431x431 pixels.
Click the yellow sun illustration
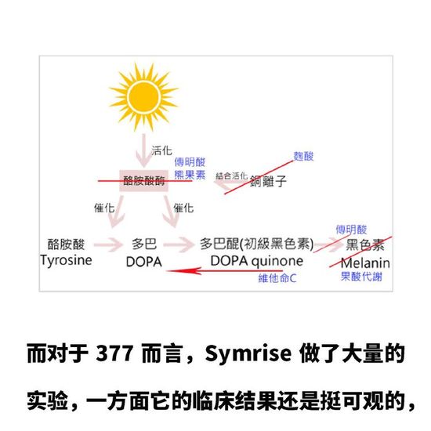pos(143,96)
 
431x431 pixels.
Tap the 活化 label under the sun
pos(161,150)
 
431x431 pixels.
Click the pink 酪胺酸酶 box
pos(143,181)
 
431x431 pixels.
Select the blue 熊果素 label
pos(190,175)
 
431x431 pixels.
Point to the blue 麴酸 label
pos(303,156)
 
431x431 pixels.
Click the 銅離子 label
pos(268,182)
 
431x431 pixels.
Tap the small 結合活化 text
pos(231,176)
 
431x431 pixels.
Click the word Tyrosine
pos(66,261)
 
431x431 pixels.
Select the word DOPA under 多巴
pos(143,262)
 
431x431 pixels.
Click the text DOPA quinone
pos(257,262)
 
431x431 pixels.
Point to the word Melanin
pos(365,263)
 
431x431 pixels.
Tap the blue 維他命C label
pos(277,278)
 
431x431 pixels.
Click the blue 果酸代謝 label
pos(361,277)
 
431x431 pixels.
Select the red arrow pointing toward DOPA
pos(225,271)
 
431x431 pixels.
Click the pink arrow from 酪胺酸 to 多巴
pos(108,244)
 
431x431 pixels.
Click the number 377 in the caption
pos(114,353)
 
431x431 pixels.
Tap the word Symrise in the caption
pos(248,353)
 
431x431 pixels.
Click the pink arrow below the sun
pos(143,150)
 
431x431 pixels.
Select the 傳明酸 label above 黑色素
pos(351,230)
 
